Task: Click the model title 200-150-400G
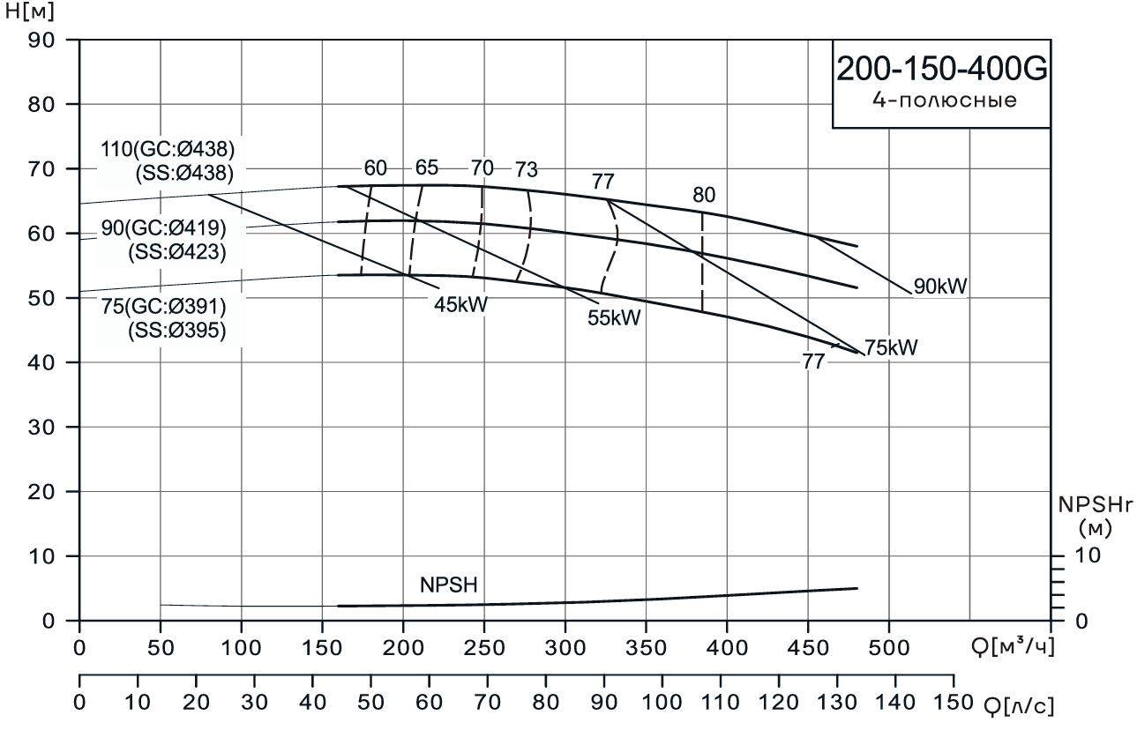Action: [x=940, y=70]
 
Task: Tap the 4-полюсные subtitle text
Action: [x=940, y=101]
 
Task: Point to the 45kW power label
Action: [x=460, y=303]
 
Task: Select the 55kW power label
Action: [x=614, y=318]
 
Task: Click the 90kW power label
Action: [x=941, y=286]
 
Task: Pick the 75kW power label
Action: [x=891, y=347]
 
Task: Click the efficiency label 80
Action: [x=704, y=195]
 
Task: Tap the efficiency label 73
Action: [x=527, y=169]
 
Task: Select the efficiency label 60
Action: [x=376, y=168]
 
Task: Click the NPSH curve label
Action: [x=450, y=585]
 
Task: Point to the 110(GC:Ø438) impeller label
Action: [x=168, y=148]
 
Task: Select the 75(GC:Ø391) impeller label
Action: [x=164, y=308]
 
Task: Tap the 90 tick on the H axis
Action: [x=42, y=40]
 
